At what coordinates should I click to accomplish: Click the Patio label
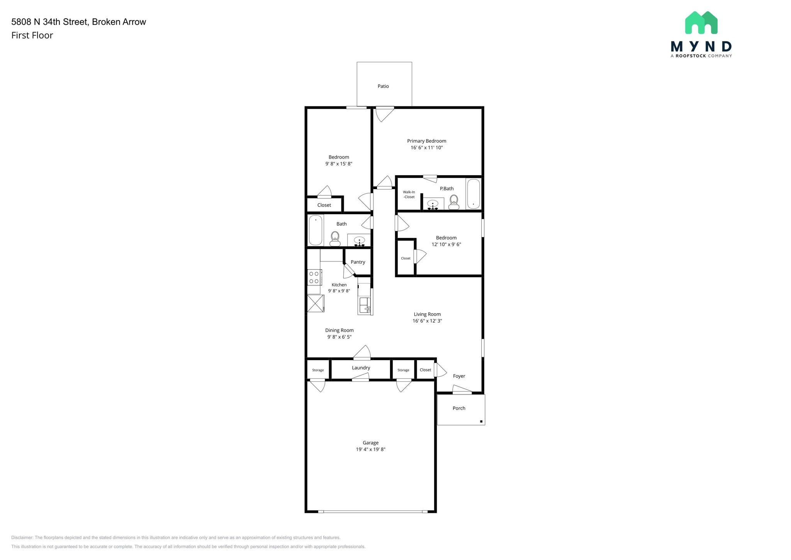(383, 86)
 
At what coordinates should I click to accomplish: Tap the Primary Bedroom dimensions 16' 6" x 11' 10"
(426, 148)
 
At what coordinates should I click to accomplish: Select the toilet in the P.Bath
(454, 201)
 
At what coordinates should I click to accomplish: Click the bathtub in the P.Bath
(474, 193)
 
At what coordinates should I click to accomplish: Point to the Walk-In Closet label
(409, 194)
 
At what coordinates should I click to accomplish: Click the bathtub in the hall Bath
(316, 230)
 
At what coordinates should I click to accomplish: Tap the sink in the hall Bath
(359, 241)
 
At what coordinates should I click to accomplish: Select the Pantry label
(358, 262)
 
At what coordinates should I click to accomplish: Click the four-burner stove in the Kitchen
(314, 277)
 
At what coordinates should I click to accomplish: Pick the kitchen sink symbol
(365, 305)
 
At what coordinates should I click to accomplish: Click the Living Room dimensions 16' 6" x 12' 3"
(427, 321)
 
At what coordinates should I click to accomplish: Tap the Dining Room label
(339, 330)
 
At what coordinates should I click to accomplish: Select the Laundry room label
(361, 368)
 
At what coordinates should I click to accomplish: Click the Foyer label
(459, 376)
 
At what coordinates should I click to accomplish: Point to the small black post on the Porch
(481, 421)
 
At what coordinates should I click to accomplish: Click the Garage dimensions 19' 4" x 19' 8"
(370, 449)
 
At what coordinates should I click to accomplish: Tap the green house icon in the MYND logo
(701, 23)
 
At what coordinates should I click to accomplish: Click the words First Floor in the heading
(32, 36)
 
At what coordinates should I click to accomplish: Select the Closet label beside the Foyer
(425, 370)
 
